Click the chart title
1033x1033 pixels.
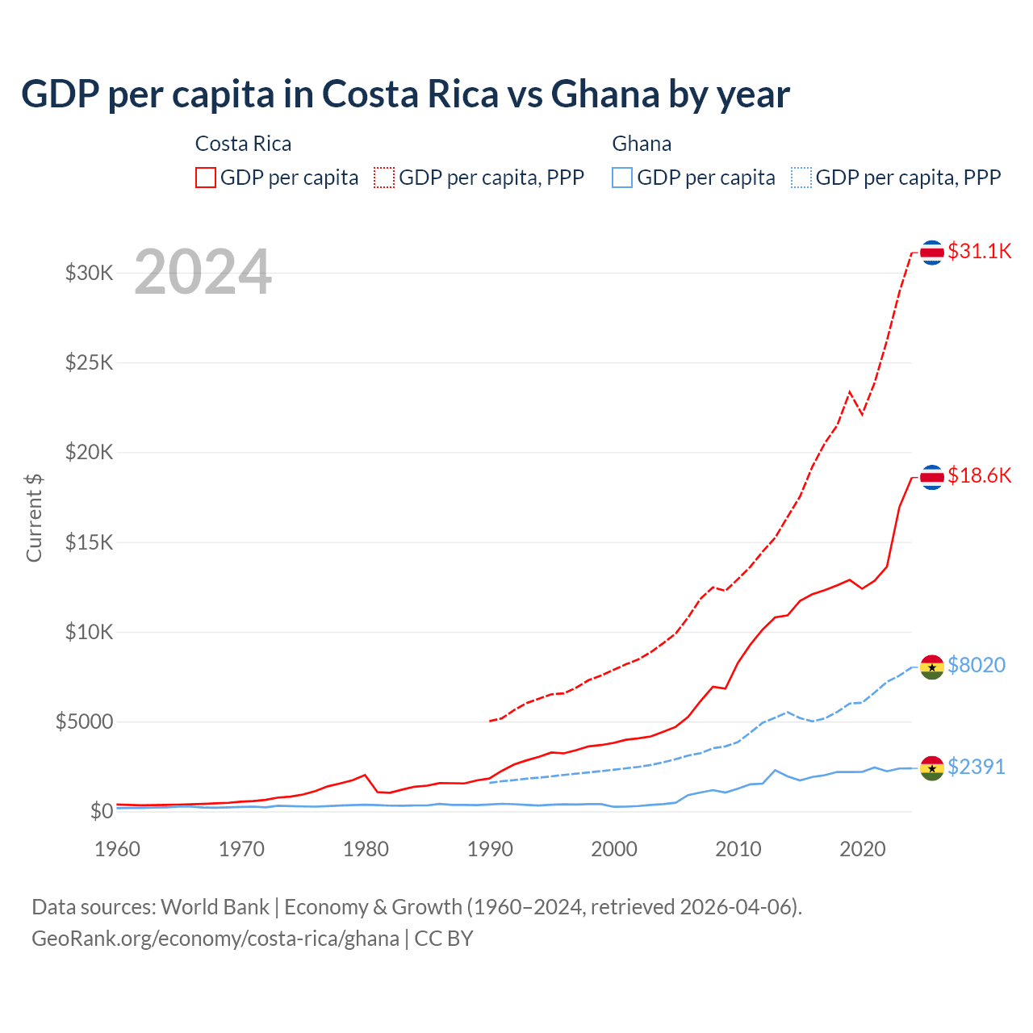pyautogui.click(x=405, y=94)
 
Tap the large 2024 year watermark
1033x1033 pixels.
pyautogui.click(x=203, y=272)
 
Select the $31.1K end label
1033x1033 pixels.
pyautogui.click(x=979, y=251)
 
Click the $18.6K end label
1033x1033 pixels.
pyautogui.click(x=979, y=475)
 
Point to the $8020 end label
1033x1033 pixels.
pyautogui.click(x=976, y=665)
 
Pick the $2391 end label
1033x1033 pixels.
pyautogui.click(x=976, y=767)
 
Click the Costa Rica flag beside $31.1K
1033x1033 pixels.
pyautogui.click(x=932, y=253)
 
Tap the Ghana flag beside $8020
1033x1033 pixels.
pyautogui.click(x=932, y=667)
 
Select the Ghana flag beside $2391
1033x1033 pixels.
pyautogui.click(x=932, y=768)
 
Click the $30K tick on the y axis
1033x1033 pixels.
pyautogui.click(x=90, y=273)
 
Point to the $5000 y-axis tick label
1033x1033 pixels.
pyautogui.click(x=85, y=721)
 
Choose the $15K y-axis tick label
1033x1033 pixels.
pyautogui.click(x=90, y=542)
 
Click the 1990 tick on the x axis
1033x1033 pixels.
pyautogui.click(x=490, y=849)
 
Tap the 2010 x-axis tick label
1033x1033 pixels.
pyautogui.click(x=738, y=849)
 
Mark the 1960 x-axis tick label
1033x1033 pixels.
pyautogui.click(x=118, y=849)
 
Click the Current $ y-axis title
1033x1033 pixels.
pyautogui.click(x=34, y=518)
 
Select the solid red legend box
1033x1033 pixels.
pyautogui.click(x=206, y=178)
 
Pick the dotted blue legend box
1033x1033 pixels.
pyautogui.click(x=801, y=178)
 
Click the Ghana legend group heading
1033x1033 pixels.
pyautogui.click(x=642, y=144)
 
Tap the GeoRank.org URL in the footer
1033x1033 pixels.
pyautogui.click(x=215, y=939)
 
